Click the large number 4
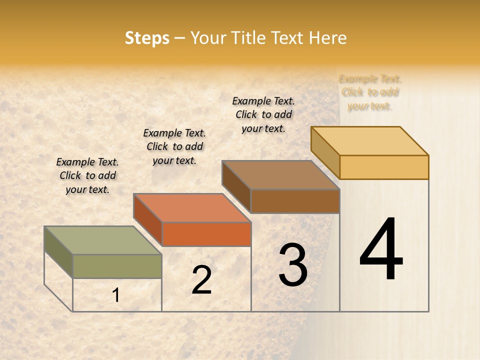coord(381,249)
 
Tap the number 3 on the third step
coord(293,265)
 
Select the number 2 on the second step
coord(201,280)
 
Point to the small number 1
coord(116,295)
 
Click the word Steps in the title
coord(147,38)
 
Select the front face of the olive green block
coord(117,266)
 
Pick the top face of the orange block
coord(192,208)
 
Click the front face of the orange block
coord(206,234)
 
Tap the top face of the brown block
coord(280,175)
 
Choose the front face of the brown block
coord(295,201)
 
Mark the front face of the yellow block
coord(384,167)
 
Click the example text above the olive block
coord(87,175)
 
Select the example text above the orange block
coord(174,146)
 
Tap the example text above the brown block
coord(263,114)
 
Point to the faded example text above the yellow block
coord(370,92)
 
